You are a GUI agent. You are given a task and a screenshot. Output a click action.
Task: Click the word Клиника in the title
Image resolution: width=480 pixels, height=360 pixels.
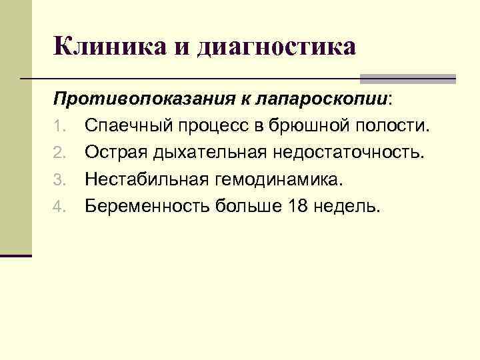pos(104,47)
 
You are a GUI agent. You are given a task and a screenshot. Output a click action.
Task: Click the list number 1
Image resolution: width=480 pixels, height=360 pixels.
pos(58,127)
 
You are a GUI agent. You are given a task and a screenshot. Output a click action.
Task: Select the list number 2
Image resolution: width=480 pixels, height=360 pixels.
pos(59,153)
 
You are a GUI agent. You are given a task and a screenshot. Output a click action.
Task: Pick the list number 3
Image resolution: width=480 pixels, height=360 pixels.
pos(59,180)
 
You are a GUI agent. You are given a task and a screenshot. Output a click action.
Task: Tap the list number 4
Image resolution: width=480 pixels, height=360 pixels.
pos(59,207)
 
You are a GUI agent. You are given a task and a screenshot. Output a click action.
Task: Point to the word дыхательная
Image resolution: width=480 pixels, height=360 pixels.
pos(209,153)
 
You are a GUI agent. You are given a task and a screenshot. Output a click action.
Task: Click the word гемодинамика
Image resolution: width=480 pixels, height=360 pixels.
pos(279,180)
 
